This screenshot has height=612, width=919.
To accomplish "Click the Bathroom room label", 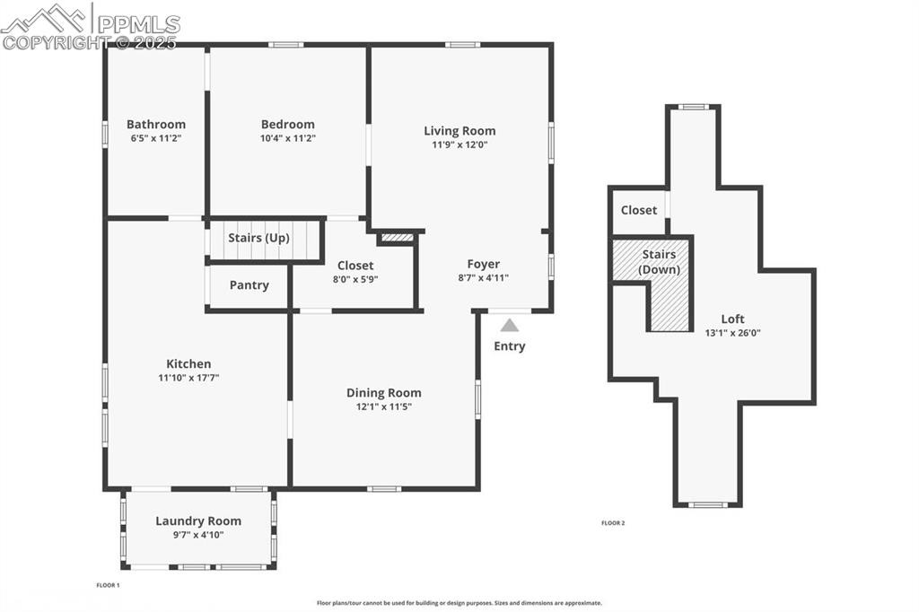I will pyautogui.click(x=156, y=125).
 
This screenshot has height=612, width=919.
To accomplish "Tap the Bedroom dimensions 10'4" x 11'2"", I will pyautogui.click(x=288, y=138).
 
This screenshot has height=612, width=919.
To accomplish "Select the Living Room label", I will pyautogui.click(x=459, y=131).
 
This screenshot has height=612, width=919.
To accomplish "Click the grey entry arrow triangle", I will pyautogui.click(x=510, y=326).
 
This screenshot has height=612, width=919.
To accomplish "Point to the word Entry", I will pyautogui.click(x=510, y=346).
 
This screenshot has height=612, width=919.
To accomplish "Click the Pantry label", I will pyautogui.click(x=249, y=285).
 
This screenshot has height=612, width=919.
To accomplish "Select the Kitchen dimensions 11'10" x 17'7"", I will pyautogui.click(x=188, y=378).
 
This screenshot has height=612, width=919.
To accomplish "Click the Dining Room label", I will pyautogui.click(x=384, y=393).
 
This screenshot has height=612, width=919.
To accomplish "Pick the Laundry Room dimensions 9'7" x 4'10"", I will pyautogui.click(x=198, y=535).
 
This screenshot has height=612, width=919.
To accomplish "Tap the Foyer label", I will pyautogui.click(x=484, y=264).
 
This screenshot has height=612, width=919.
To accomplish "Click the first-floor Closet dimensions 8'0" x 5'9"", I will pyautogui.click(x=355, y=279).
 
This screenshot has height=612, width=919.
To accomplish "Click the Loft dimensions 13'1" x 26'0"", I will pyautogui.click(x=732, y=333).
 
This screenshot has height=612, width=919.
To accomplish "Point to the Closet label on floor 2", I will pyautogui.click(x=639, y=210).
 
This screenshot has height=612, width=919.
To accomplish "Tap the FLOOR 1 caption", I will pyautogui.click(x=108, y=585).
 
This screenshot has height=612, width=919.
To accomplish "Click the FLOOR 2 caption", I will pyautogui.click(x=613, y=522).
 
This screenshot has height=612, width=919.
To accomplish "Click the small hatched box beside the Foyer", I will pyautogui.click(x=397, y=238).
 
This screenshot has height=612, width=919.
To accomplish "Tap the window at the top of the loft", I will pyautogui.click(x=692, y=107).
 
